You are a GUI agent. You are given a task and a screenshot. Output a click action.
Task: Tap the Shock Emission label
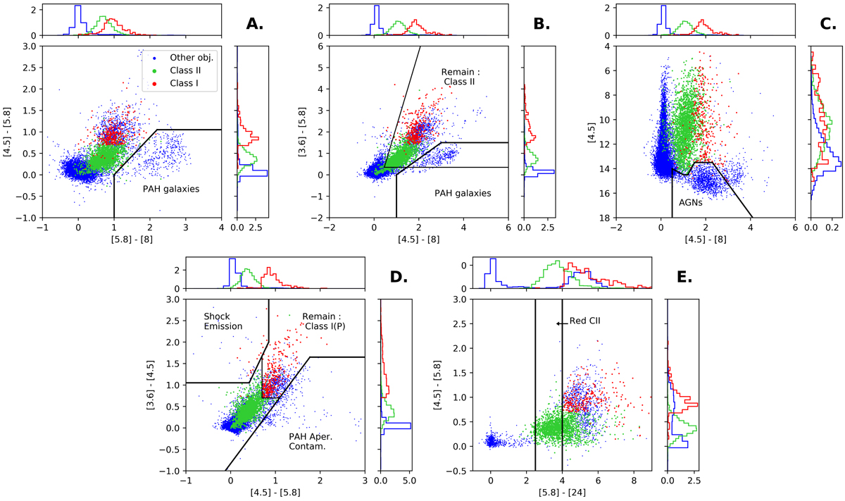223,321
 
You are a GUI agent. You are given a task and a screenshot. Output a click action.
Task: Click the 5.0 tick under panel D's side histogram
409,481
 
